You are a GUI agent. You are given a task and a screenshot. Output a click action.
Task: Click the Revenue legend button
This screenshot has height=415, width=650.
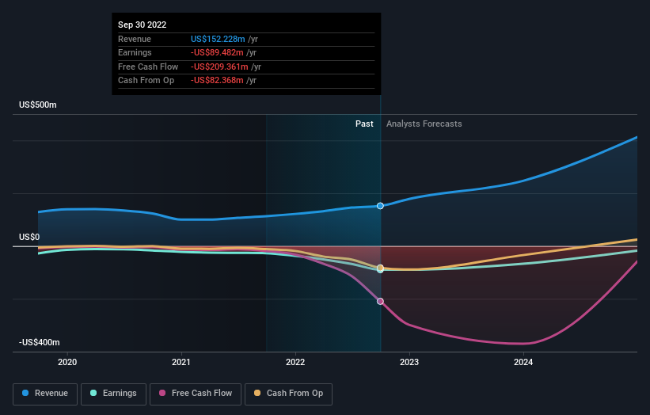click(45, 393)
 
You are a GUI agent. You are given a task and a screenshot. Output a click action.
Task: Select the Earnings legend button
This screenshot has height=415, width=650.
click(113, 393)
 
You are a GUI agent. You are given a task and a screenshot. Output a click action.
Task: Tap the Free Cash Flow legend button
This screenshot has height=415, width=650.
click(196, 393)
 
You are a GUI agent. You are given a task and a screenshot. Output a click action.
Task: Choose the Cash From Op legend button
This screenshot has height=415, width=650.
click(288, 393)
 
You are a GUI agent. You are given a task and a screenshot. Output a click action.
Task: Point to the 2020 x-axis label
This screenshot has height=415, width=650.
click(68, 362)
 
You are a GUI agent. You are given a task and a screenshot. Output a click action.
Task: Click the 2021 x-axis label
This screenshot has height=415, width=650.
click(181, 362)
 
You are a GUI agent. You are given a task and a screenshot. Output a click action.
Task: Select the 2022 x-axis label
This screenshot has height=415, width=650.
click(295, 362)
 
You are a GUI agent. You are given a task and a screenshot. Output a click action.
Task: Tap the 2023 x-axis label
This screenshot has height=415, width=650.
click(409, 362)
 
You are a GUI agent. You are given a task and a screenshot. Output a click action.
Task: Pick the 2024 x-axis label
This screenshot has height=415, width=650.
click(523, 362)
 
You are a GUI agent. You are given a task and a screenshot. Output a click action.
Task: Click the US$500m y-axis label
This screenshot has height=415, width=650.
click(38, 105)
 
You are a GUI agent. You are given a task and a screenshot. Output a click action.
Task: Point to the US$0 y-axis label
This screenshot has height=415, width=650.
click(29, 237)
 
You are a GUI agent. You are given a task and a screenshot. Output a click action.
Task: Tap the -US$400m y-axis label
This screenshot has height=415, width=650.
click(38, 342)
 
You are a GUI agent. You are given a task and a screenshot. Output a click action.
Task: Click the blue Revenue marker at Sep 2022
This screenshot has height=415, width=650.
click(381, 206)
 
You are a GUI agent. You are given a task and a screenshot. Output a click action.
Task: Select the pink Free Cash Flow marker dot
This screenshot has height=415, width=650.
click(381, 301)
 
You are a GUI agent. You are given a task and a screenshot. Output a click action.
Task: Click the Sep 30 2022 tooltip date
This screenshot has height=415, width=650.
click(143, 25)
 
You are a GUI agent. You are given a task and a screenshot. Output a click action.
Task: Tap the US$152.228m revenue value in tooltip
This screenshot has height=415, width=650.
click(217, 39)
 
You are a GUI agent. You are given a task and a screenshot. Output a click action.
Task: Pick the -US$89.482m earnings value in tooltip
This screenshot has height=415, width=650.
click(217, 53)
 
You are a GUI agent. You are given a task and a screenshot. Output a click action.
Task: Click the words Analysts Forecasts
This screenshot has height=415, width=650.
click(424, 124)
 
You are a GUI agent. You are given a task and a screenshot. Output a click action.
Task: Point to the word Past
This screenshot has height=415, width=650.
click(364, 124)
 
